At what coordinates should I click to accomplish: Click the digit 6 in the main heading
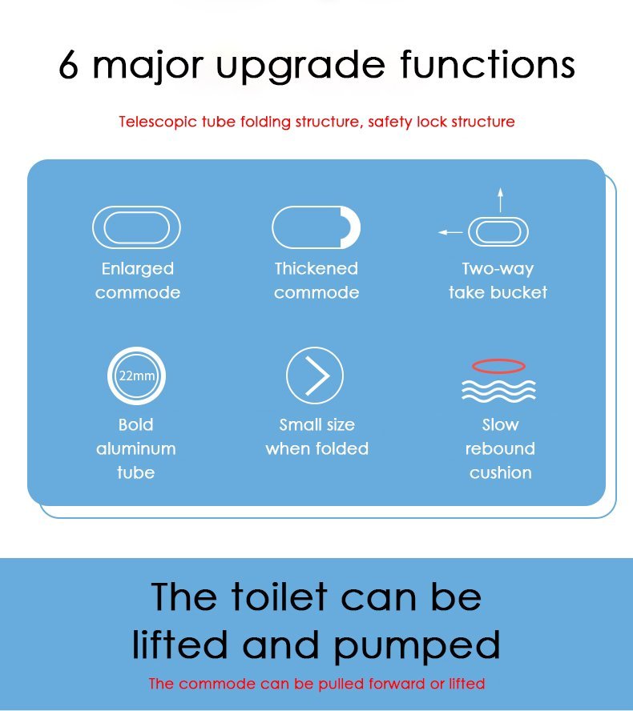click(x=69, y=64)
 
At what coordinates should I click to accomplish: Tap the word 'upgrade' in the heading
click(x=300, y=66)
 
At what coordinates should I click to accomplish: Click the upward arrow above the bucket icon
click(x=500, y=199)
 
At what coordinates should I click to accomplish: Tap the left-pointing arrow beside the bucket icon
click(x=450, y=232)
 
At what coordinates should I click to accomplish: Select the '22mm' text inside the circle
click(x=136, y=376)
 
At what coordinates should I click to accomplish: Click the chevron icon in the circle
click(x=317, y=376)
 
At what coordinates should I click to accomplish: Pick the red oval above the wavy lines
click(x=498, y=361)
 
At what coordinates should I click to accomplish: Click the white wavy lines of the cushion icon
click(x=498, y=391)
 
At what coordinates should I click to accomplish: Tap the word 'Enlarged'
click(x=138, y=269)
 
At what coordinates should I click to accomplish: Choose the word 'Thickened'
click(x=316, y=268)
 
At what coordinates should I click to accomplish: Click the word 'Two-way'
click(x=498, y=269)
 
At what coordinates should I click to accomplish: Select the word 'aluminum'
click(x=136, y=449)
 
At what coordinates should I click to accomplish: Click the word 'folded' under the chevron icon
click(x=342, y=448)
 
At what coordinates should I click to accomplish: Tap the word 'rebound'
click(x=500, y=448)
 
